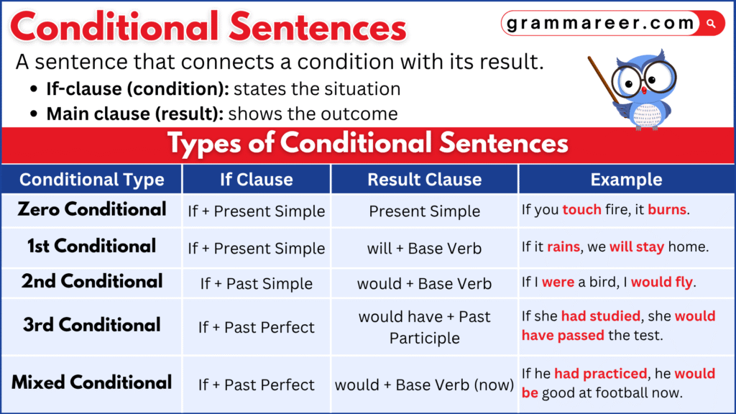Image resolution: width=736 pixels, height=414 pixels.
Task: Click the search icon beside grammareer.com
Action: point(712,24)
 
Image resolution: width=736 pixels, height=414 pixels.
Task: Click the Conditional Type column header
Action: point(91,179)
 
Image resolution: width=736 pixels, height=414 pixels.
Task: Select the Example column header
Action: point(626,179)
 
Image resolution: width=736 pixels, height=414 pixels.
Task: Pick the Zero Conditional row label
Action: point(91,210)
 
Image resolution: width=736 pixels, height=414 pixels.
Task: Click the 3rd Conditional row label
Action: point(91,325)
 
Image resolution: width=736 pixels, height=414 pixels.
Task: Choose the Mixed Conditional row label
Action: point(91,382)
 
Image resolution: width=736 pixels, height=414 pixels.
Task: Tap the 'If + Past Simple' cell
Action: point(257,283)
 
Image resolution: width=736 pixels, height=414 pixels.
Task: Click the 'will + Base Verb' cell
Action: point(424,248)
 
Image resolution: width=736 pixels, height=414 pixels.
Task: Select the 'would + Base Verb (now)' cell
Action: point(424,385)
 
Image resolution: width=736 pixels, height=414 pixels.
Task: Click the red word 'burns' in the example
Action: point(668,211)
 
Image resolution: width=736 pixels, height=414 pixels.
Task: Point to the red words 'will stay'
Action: point(637,247)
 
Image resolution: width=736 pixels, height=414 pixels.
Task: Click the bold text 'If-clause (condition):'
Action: point(137,90)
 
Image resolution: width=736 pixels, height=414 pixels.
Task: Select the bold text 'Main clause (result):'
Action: point(134,114)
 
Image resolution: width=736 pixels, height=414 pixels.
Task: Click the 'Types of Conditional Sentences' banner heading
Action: point(367,143)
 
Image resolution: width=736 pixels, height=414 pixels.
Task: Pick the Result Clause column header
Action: point(424,179)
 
